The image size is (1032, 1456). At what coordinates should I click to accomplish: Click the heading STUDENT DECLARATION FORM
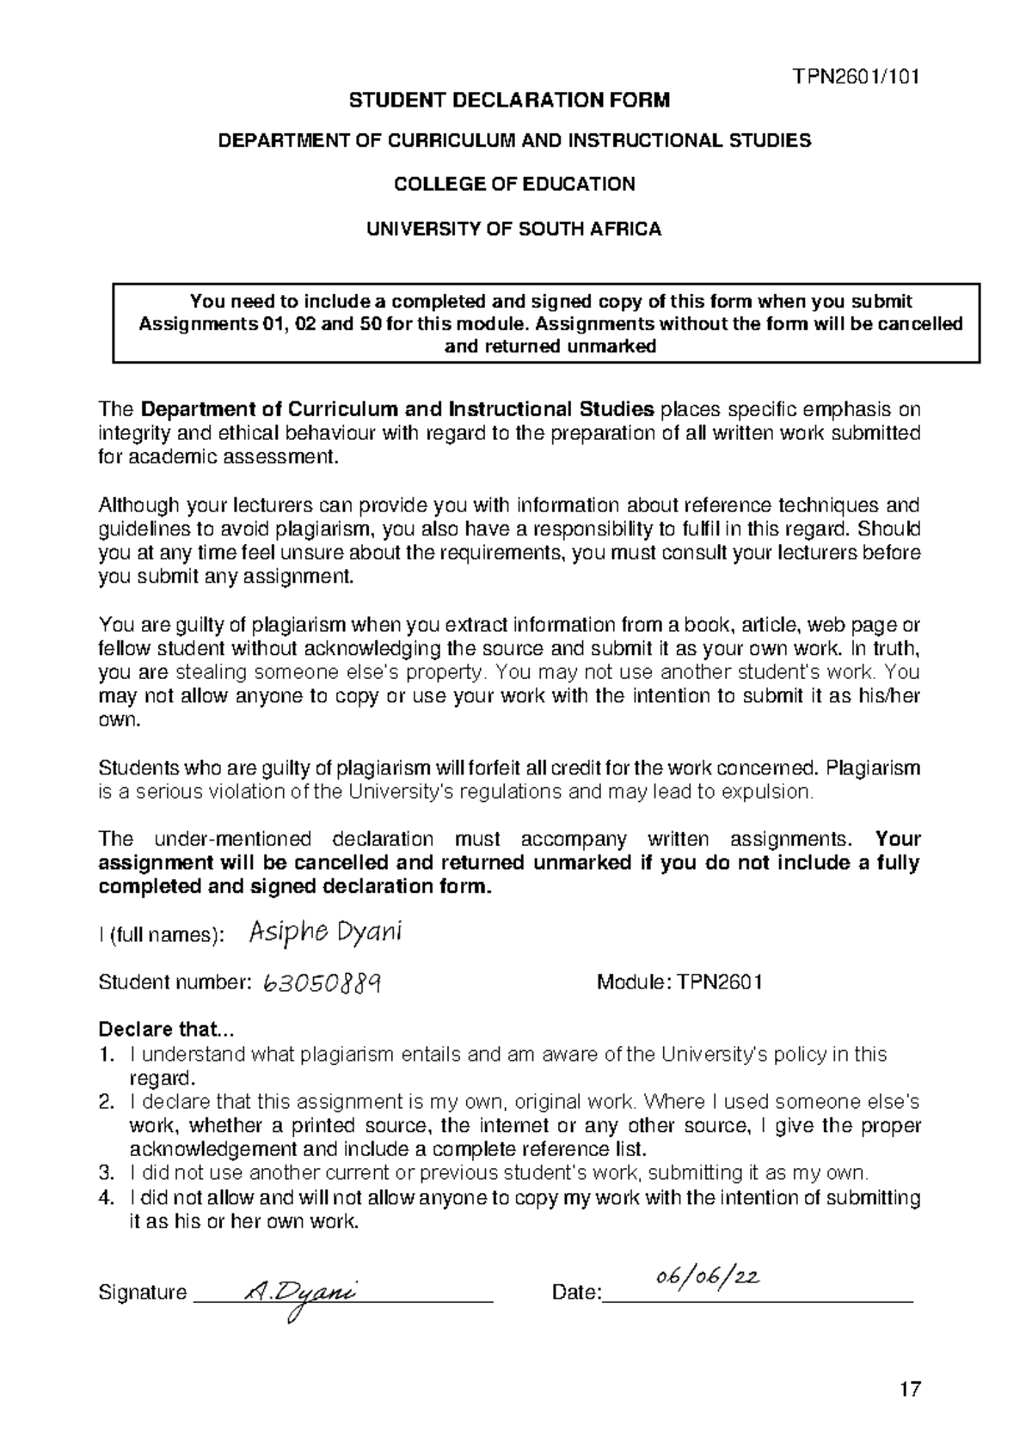508,101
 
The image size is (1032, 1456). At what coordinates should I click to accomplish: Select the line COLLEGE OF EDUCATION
514,183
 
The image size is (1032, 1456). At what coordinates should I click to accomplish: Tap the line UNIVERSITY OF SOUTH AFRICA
514,229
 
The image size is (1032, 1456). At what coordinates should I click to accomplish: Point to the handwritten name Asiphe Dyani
325,933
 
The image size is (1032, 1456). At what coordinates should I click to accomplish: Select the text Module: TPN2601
679,982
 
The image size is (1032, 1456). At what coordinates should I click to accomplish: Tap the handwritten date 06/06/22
705,1280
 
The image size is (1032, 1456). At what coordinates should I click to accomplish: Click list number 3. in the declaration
106,1173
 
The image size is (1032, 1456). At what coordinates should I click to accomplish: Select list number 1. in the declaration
106,1055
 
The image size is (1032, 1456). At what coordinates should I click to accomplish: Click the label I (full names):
162,935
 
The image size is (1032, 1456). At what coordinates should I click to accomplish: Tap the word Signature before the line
143,1292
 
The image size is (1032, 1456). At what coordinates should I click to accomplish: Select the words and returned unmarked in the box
550,346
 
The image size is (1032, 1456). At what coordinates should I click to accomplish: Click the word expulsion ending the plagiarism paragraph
774,792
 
